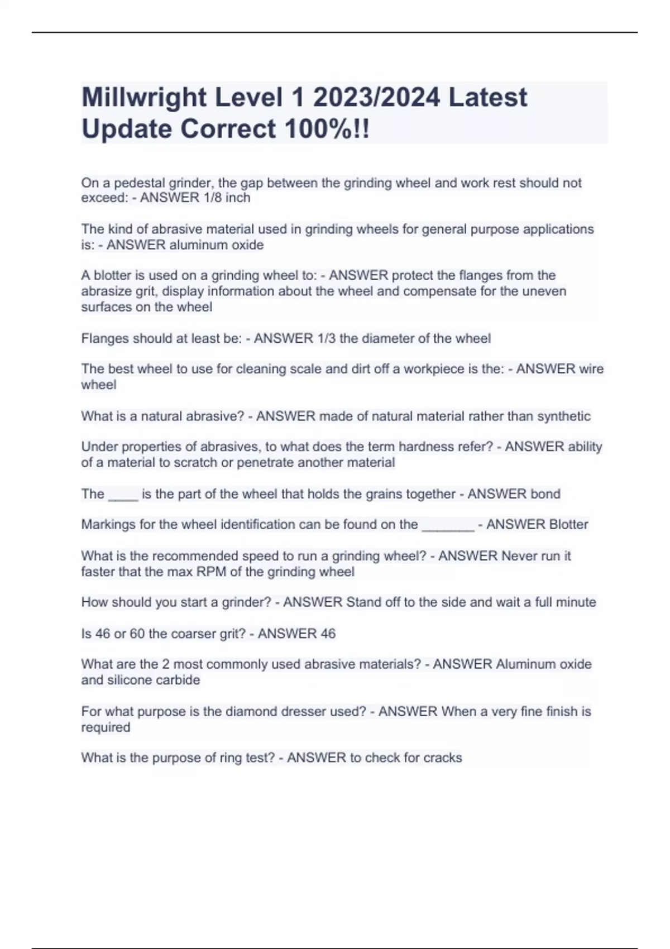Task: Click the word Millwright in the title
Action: (x=144, y=97)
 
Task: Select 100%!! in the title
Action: (x=327, y=129)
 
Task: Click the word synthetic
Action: (x=563, y=416)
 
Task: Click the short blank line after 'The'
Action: (x=123, y=495)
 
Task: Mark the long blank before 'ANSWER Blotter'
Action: (x=448, y=526)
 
